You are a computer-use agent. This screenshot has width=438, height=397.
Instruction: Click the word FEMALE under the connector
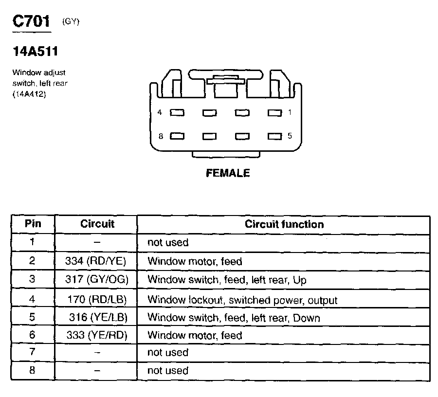click(x=228, y=173)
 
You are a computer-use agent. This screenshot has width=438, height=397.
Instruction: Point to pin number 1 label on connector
click(x=290, y=112)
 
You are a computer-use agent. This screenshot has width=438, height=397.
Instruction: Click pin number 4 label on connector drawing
click(x=160, y=112)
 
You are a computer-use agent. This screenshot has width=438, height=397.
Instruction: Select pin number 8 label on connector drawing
click(x=160, y=136)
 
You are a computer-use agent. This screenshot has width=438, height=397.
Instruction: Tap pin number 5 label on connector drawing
click(x=290, y=136)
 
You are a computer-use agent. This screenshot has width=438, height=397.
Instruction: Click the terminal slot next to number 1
click(x=274, y=113)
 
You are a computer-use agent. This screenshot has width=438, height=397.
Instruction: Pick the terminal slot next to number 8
click(x=177, y=136)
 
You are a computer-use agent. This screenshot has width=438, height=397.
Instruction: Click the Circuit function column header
click(x=284, y=224)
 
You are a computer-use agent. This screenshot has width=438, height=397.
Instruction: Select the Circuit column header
click(x=97, y=224)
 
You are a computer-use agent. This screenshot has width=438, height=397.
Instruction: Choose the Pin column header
click(x=33, y=224)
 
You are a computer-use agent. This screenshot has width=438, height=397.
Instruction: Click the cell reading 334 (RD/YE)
click(x=96, y=261)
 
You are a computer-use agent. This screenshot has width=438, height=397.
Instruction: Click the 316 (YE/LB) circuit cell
click(x=98, y=318)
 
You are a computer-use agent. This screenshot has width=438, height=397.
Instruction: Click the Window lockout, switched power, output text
click(x=242, y=300)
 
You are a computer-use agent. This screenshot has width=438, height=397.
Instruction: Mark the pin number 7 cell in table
click(x=32, y=352)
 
